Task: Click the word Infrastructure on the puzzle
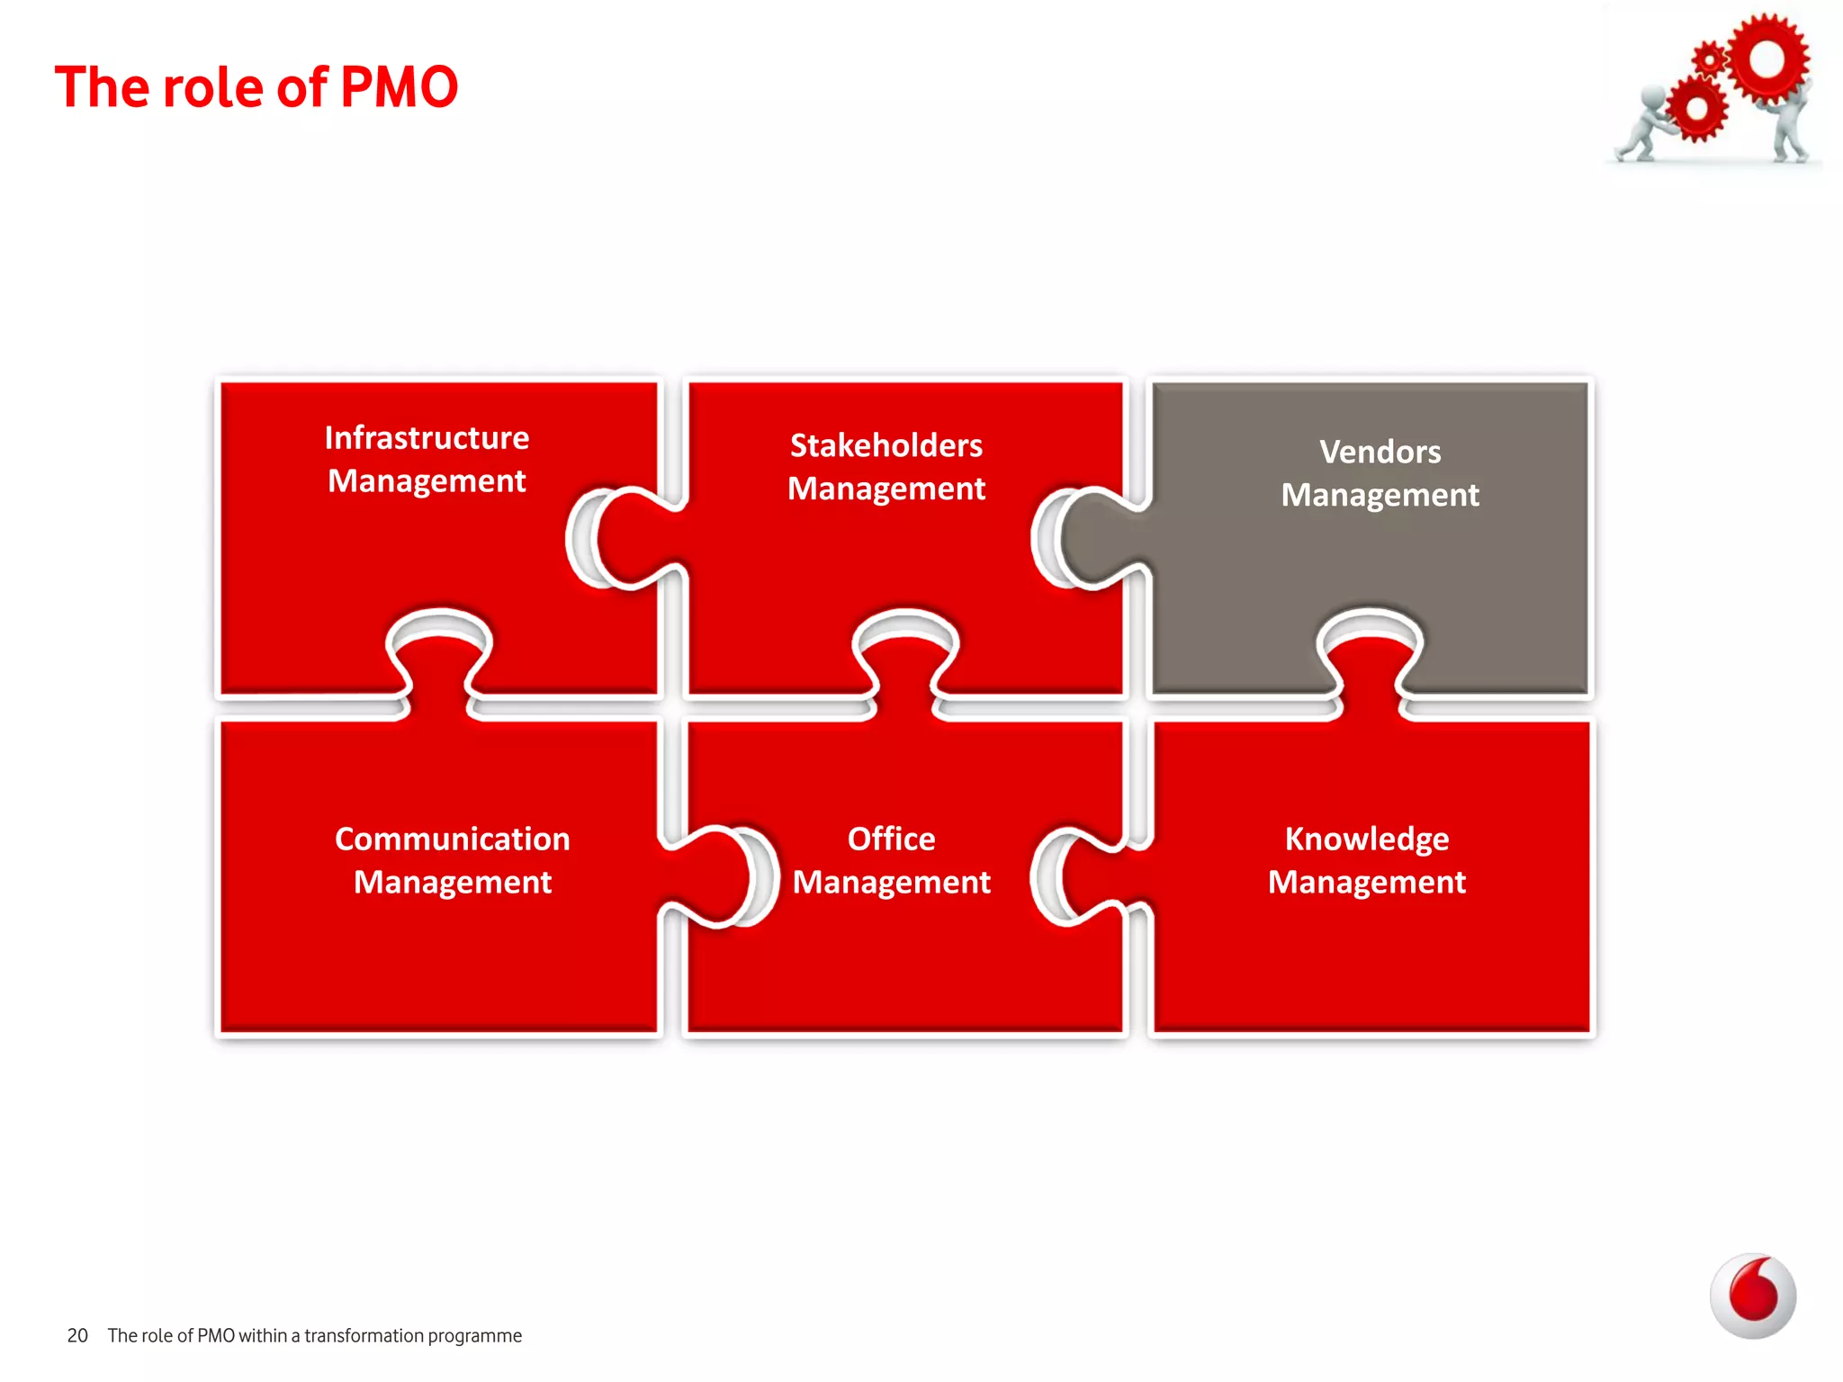pos(427,438)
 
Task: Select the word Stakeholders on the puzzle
pos(886,445)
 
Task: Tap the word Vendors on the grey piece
pos(1380,452)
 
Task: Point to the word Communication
pos(452,839)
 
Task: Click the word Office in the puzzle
pos(891,839)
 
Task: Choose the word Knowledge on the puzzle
pos(1366,839)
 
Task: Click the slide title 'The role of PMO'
pos(256,87)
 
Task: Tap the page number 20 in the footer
pos(77,1335)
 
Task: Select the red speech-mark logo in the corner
pos(1753,1296)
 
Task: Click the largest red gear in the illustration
pos(1767,59)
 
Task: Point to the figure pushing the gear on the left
pos(1642,126)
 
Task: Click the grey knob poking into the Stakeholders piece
pos(1093,538)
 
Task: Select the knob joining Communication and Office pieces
pos(715,877)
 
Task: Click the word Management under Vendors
pos(1380,495)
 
